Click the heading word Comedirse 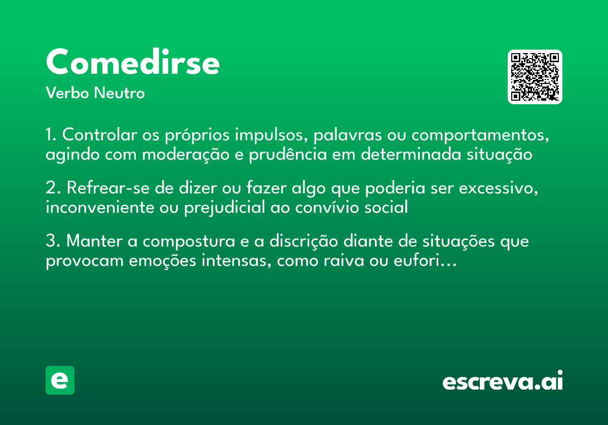point(133,63)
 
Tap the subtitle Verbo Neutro point(95,93)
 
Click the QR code point(535,77)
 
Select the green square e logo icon point(60,380)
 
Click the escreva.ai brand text point(503,381)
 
